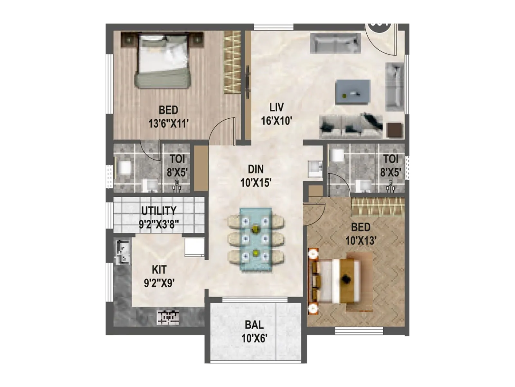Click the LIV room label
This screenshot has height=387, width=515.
tap(276, 107)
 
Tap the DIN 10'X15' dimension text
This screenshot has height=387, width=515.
tap(256, 183)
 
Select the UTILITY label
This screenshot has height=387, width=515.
tap(159, 211)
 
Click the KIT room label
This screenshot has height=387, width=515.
tap(159, 269)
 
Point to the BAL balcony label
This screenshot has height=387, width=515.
tap(254, 324)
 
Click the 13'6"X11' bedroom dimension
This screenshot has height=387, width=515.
tap(168, 123)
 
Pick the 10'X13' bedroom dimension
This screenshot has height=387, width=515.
tap(361, 241)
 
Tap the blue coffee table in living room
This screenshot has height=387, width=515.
tap(353, 92)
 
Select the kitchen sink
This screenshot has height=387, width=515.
tap(123, 251)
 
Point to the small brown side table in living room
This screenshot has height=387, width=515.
tap(395, 130)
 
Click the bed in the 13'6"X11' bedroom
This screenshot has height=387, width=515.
tap(163, 61)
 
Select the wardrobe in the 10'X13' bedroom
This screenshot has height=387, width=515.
tap(378, 206)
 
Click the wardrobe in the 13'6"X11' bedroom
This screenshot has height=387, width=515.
tap(232, 62)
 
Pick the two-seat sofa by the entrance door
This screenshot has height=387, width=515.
tap(335, 43)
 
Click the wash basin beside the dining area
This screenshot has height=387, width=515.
tap(315, 168)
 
